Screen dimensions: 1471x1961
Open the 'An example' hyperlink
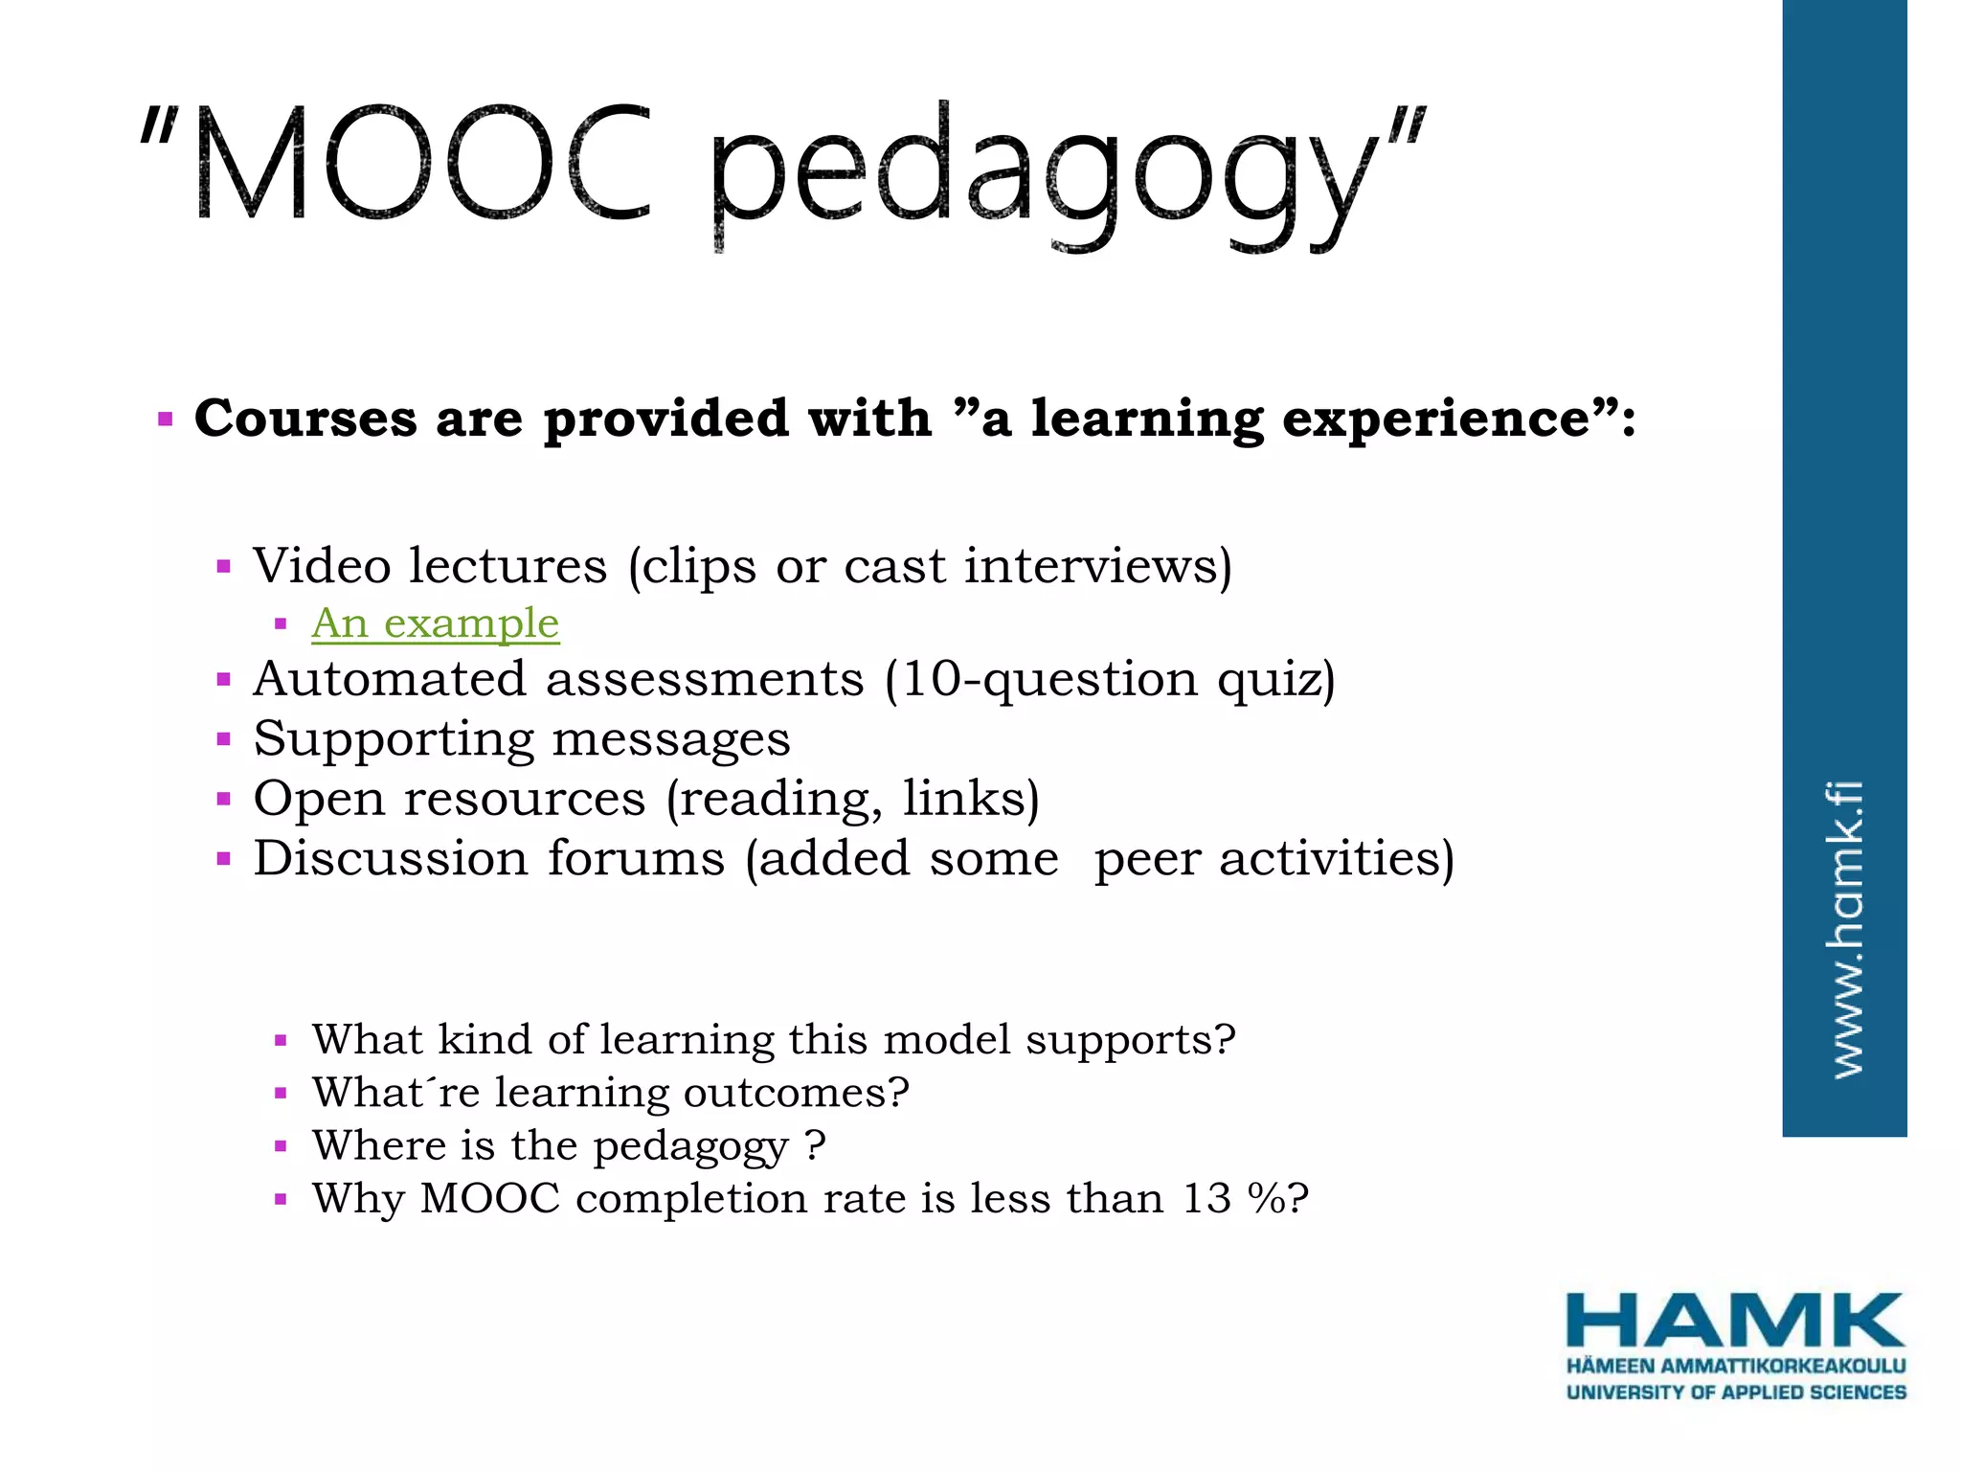pos(435,623)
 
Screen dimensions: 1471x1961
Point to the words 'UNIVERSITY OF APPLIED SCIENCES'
pos(1735,1392)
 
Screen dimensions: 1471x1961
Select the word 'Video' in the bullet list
pos(322,565)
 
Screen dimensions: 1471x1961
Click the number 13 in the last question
pos(1206,1198)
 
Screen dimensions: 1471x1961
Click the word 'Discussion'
pos(390,858)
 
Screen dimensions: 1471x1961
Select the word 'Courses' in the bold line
pos(305,419)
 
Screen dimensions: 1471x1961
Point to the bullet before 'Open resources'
pos(224,799)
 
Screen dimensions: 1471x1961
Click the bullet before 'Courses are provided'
pos(166,419)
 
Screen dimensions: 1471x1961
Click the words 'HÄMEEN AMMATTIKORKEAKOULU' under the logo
pos(1735,1366)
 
